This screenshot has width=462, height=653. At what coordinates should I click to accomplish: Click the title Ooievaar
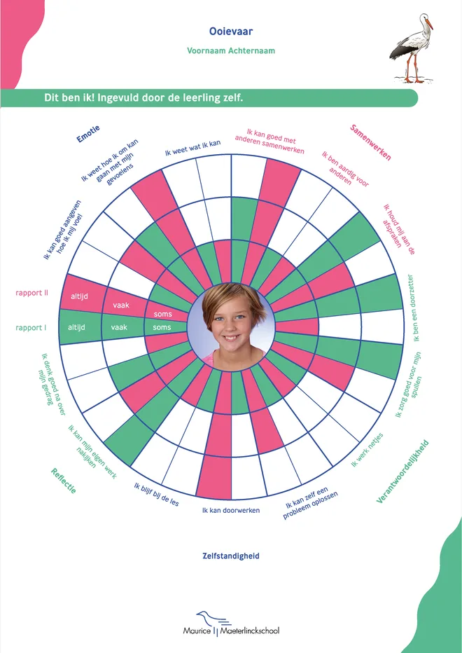(231, 32)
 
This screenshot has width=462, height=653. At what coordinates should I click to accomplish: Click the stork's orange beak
(428, 24)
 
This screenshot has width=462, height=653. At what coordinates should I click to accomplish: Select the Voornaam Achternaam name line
(231, 51)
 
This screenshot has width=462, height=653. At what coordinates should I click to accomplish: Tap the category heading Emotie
(88, 134)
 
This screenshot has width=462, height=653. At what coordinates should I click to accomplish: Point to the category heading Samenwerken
(370, 142)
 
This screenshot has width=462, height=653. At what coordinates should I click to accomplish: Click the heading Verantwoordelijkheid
(402, 472)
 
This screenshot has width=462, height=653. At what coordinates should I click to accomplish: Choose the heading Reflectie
(64, 481)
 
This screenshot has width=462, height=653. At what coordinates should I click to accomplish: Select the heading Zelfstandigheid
(231, 556)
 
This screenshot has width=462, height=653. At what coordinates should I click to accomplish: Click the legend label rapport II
(31, 293)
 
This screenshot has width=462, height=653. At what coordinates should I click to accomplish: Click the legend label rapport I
(31, 328)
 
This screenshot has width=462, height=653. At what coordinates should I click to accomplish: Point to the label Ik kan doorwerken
(231, 511)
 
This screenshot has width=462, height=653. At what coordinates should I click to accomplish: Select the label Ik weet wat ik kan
(192, 148)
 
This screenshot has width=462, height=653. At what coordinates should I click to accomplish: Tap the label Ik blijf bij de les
(157, 494)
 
